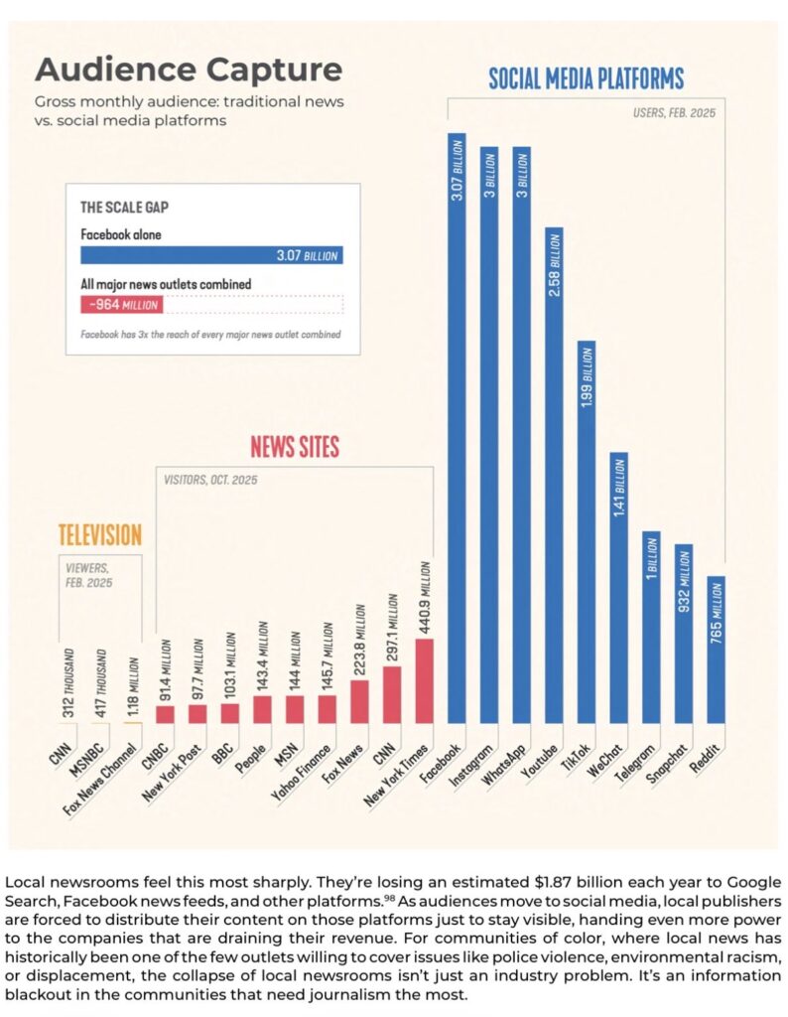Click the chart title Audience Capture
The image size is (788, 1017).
(x=189, y=71)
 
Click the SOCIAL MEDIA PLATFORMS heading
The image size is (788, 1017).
(x=586, y=79)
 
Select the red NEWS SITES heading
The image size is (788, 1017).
(x=294, y=447)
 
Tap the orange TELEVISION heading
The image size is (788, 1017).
(x=99, y=534)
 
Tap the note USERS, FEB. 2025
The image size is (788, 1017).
(x=674, y=113)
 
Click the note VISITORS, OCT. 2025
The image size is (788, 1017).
(x=209, y=480)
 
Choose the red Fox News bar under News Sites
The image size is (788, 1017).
(x=360, y=701)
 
